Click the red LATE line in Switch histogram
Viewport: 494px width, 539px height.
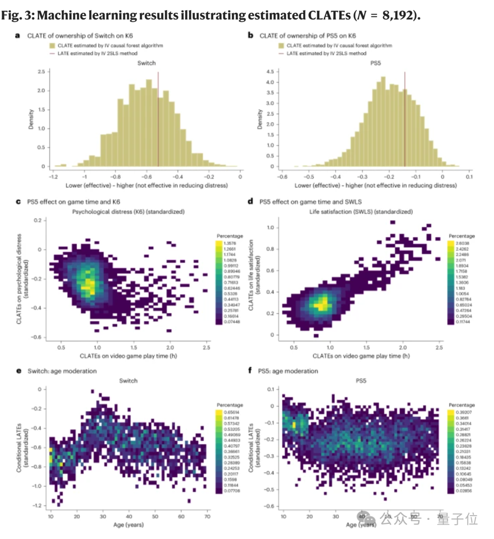pos(158,119)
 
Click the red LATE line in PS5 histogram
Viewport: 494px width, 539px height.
pos(404,119)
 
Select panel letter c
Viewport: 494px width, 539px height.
pos(18,201)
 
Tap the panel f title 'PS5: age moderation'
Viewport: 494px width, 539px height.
pos(288,371)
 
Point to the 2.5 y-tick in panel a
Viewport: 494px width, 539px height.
pos(41,72)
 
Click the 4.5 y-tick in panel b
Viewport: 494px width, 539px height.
pos(270,72)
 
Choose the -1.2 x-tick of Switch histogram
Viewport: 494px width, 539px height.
pos(54,177)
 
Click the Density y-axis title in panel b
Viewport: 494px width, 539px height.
pos(260,119)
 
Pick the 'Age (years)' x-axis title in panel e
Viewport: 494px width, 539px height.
pos(129,524)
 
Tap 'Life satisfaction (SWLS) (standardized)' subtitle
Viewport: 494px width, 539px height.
pos(361,212)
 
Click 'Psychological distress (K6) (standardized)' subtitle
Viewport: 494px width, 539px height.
pos(129,212)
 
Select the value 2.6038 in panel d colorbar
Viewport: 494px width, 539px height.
pos(462,243)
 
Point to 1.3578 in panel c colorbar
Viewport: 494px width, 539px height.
pos(230,243)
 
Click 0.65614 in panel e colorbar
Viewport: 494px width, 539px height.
pos(231,412)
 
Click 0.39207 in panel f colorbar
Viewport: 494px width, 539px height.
pos(463,412)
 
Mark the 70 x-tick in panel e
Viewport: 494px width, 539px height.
pos(207,517)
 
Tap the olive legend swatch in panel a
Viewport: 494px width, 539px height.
pos(52,45)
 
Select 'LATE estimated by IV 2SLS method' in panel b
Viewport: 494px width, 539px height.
pos(326,53)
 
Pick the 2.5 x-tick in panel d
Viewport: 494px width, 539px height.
pos(439,348)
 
